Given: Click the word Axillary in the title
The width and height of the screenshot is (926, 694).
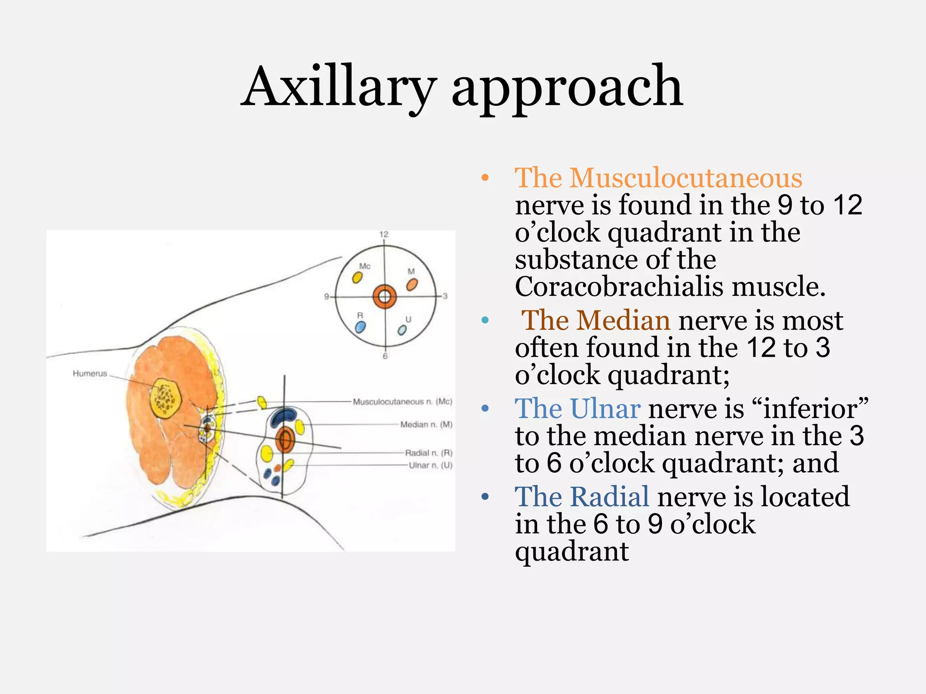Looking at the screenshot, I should coord(339,88).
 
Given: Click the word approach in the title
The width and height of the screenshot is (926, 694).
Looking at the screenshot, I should coord(567,88).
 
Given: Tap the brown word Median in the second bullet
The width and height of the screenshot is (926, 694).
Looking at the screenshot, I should coord(595,320).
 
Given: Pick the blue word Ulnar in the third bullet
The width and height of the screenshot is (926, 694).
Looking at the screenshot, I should coord(577,408).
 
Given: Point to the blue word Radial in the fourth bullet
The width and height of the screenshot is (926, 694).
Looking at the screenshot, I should coord(582,497).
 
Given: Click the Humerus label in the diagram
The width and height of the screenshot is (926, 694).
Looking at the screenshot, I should coord(90,373).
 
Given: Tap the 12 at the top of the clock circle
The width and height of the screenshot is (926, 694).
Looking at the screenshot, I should coord(384,234).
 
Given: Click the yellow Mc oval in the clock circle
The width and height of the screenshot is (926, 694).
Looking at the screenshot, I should coord(357,277).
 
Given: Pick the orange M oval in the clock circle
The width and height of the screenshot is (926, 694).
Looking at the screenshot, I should coord(412,285).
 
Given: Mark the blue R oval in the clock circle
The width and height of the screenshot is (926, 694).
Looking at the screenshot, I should coord(360,327).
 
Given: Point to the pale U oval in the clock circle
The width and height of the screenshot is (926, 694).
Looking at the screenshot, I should coord(402,330).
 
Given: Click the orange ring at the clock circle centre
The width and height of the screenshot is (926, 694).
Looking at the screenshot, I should coord(384,297).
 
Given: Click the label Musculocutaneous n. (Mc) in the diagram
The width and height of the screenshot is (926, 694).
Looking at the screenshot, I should coord(402,401).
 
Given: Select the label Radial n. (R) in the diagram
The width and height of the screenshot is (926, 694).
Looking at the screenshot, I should coord(428,453).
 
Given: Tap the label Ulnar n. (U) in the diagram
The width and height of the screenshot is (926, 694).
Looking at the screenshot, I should coord(430,465).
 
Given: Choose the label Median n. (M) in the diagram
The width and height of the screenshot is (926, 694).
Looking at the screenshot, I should coord(426,424).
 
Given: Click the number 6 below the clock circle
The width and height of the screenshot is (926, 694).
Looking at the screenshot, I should coord(385,356).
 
